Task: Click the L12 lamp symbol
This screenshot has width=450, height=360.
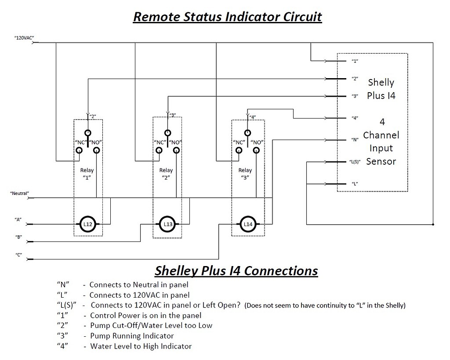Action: pyautogui.click(x=87, y=224)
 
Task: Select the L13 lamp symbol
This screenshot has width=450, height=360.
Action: pyautogui.click(x=167, y=224)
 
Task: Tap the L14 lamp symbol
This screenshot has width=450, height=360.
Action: pyautogui.click(x=247, y=224)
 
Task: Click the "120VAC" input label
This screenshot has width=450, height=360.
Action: pyautogui.click(x=25, y=39)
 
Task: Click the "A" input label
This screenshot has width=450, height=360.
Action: pyautogui.click(x=18, y=219)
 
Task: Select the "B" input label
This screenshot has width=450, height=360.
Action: pyautogui.click(x=18, y=237)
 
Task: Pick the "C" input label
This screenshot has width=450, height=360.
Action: pyautogui.click(x=18, y=255)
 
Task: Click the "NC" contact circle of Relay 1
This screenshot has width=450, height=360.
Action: pyautogui.click(x=80, y=151)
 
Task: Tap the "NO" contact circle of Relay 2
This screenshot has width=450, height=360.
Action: pyautogui.click(x=176, y=151)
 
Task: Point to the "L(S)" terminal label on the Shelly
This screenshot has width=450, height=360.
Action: pyautogui.click(x=355, y=162)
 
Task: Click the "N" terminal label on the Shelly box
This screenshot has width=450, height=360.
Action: pyautogui.click(x=355, y=140)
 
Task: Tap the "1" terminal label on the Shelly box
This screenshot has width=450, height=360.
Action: pyautogui.click(x=355, y=61)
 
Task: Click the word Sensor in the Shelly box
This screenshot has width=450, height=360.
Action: pyautogui.click(x=381, y=161)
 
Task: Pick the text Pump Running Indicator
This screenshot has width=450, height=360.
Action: pyautogui.click(x=132, y=336)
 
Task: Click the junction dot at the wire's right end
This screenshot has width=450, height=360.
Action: pyautogui.click(x=433, y=224)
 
